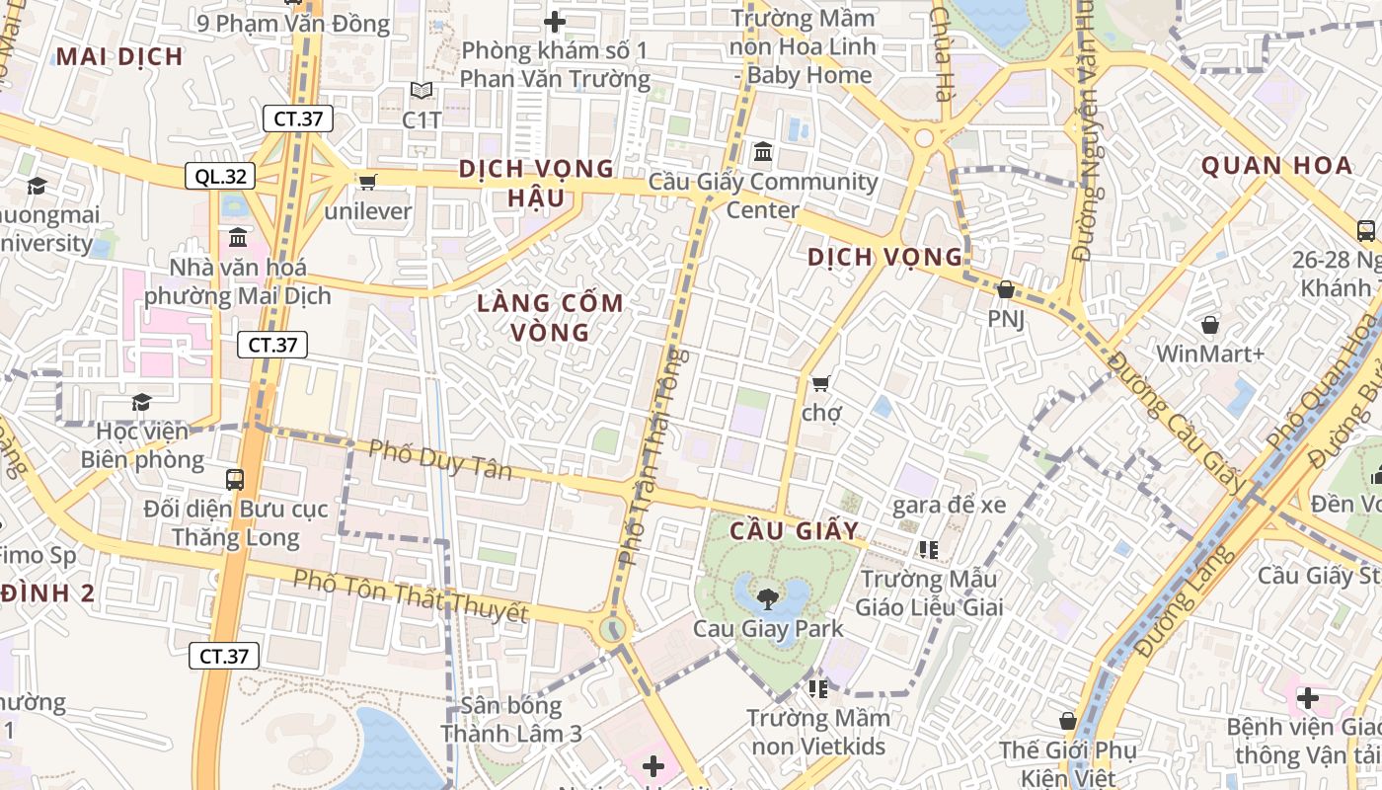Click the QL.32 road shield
pyautogui.click(x=220, y=177)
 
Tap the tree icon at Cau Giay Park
pyautogui.click(x=767, y=597)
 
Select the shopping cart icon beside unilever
pyautogui.click(x=368, y=182)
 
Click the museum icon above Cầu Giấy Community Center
pyautogui.click(x=763, y=153)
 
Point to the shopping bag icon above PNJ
pyautogui.click(x=1005, y=289)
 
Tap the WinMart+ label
pyautogui.click(x=1210, y=354)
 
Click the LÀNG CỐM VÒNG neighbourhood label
pyautogui.click(x=550, y=317)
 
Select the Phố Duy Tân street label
pyautogui.click(x=440, y=459)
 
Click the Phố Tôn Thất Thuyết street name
pyautogui.click(x=411, y=595)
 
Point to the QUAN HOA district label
pyautogui.click(x=1275, y=166)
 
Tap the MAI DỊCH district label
pyautogui.click(x=119, y=56)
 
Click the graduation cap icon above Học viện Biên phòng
pyautogui.click(x=141, y=402)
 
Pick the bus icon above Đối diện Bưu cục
pyautogui.click(x=235, y=480)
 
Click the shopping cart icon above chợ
pyautogui.click(x=820, y=383)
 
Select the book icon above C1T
pyautogui.click(x=422, y=91)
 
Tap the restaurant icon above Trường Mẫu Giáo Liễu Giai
pyautogui.click(x=927, y=549)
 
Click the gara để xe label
pyautogui.click(x=949, y=506)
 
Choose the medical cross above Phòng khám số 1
pyautogui.click(x=555, y=21)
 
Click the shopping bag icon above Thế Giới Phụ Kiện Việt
pyautogui.click(x=1067, y=722)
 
